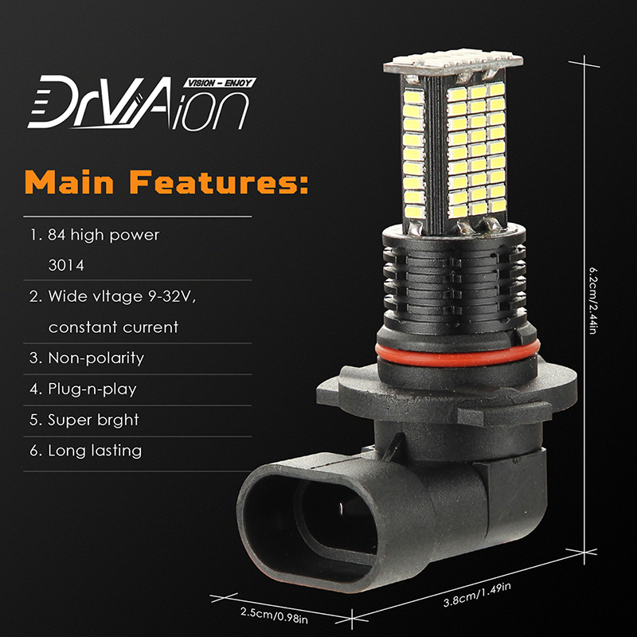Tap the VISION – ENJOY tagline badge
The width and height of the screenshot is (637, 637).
click(220, 83)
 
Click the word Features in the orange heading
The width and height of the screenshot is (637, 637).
click(220, 182)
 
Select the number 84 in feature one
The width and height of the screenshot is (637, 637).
click(57, 235)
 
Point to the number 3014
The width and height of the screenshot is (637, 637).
click(66, 266)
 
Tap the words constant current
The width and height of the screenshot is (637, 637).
click(113, 327)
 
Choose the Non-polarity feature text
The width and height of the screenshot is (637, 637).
click(96, 358)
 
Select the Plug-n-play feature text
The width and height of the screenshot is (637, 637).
click(92, 389)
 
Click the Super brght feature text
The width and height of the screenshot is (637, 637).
click(93, 420)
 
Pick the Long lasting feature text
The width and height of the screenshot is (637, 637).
click(95, 451)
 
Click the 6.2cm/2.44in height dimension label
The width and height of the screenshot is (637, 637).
click(593, 300)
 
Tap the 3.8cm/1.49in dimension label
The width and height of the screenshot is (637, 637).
click(477, 594)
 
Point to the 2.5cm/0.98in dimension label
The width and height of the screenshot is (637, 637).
click(274, 615)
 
